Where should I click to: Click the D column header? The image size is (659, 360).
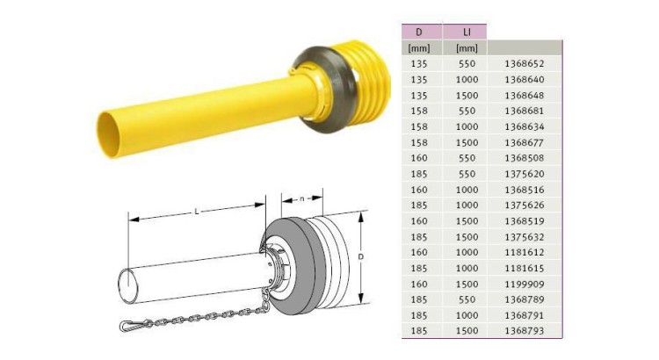[422, 32]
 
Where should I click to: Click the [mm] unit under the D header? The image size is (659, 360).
[422, 47]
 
